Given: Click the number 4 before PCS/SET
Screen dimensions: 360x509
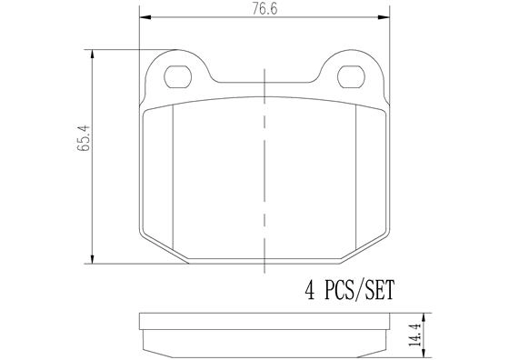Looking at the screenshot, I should click(x=308, y=291).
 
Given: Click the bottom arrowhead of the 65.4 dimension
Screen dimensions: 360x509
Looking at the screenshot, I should click(x=94, y=260).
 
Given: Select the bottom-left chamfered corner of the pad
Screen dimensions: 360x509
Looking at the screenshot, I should click(x=164, y=252).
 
